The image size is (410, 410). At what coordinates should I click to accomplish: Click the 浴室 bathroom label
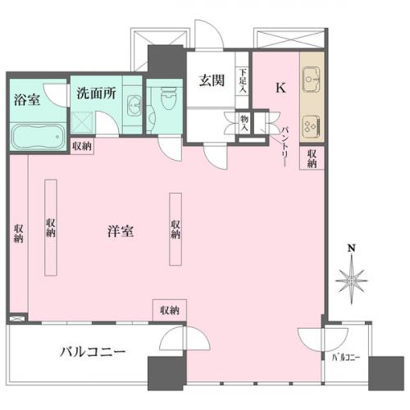[x=27, y=99]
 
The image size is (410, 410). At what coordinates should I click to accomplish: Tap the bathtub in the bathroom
[x=38, y=137]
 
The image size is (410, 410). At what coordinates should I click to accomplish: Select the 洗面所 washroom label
[x=96, y=93]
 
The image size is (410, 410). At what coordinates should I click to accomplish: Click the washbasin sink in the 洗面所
[x=134, y=105]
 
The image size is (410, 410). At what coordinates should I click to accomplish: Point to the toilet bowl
[x=169, y=98]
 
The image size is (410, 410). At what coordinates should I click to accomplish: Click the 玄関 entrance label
[x=212, y=80]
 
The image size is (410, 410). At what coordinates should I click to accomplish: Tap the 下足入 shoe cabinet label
[x=243, y=80]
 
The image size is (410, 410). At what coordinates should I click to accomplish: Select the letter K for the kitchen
[x=280, y=88]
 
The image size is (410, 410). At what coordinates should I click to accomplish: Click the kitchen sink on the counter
[x=312, y=80]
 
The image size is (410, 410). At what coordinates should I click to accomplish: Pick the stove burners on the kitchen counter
[x=312, y=126]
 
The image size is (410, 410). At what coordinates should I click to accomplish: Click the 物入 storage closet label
[x=244, y=122]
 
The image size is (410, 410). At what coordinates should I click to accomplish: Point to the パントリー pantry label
[x=285, y=146]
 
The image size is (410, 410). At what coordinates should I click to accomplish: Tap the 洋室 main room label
[x=121, y=231]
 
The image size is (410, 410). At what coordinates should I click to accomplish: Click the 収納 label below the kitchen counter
[x=312, y=158]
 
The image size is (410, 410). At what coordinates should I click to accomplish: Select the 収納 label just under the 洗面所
[x=82, y=146]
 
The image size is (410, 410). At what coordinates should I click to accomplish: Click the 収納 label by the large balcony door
[x=170, y=310]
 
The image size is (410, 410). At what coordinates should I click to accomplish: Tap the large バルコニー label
[x=93, y=352]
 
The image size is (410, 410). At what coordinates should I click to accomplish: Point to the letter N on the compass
[x=352, y=248]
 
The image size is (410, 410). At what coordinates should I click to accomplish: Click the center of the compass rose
[x=352, y=280]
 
